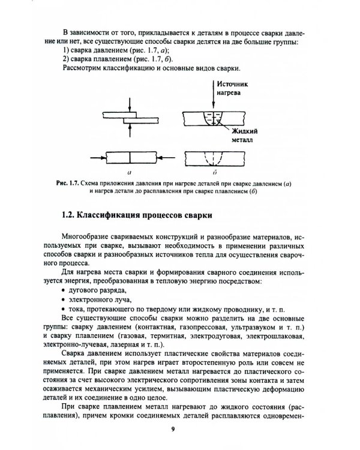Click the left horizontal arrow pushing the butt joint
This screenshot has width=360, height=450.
click(98, 157)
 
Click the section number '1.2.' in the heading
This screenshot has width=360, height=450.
click(70, 214)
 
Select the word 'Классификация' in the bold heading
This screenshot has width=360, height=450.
click(114, 214)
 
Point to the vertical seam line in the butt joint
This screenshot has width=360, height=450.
click(130, 157)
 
